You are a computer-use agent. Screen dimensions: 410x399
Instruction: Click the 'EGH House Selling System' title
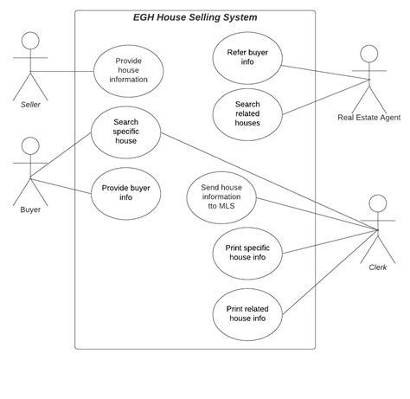point(195,17)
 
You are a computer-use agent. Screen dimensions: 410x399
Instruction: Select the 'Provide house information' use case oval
point(129,71)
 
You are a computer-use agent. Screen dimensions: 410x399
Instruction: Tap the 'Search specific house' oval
point(126,132)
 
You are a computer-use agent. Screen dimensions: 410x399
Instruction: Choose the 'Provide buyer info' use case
point(126,193)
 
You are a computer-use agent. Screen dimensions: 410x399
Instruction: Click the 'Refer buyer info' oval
point(247,58)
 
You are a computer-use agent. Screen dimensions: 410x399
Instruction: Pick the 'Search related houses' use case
point(247,114)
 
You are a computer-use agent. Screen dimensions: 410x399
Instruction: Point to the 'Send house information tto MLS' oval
point(221,197)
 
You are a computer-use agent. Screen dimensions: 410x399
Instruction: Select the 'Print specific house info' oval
point(247,254)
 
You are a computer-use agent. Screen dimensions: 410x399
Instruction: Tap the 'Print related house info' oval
point(247,314)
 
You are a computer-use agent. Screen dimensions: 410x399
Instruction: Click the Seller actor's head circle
point(30,41)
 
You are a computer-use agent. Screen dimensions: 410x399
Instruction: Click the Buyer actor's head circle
point(30,145)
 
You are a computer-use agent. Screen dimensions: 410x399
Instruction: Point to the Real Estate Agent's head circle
point(369,54)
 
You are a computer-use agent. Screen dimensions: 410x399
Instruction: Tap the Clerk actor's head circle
point(378,203)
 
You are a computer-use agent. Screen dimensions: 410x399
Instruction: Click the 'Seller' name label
point(30,105)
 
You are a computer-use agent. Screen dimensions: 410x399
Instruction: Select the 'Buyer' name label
point(30,209)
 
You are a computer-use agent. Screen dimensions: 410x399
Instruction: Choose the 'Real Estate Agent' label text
point(369,118)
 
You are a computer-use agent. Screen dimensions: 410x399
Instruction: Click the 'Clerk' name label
point(378,267)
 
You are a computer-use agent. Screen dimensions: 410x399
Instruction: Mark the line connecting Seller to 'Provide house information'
point(62,71)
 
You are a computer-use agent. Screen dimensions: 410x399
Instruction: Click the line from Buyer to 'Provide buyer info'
point(61,186)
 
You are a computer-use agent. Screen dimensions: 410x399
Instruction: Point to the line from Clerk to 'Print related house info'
point(330,272)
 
